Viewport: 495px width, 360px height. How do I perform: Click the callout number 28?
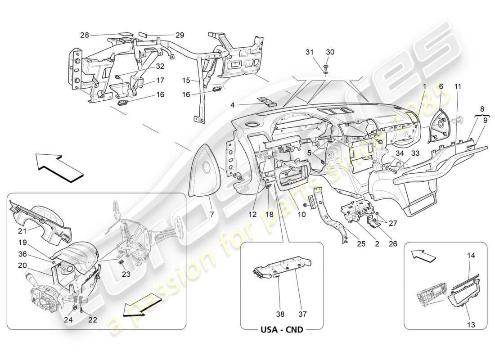click(x=85, y=35)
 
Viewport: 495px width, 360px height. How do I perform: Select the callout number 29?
click(x=167, y=35)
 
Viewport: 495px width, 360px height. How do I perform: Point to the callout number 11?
click(x=458, y=85)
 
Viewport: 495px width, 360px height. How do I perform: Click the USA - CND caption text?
click(x=282, y=329)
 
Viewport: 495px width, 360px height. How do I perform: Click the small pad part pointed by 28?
click(x=126, y=33)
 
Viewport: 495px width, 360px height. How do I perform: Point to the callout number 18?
click(x=269, y=215)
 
